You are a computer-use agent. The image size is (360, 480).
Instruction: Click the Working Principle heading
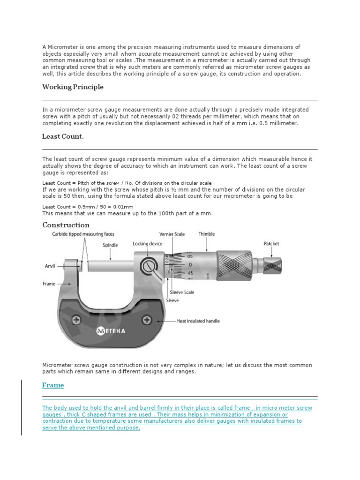[x=73, y=87]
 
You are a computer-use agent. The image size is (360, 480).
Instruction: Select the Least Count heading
[x=63, y=136]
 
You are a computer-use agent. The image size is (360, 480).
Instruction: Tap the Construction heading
[x=66, y=225]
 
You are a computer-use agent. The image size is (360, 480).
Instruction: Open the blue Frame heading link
[x=53, y=385]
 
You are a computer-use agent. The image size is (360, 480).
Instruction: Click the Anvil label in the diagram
[x=50, y=266]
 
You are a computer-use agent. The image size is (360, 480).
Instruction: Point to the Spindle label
[x=110, y=245]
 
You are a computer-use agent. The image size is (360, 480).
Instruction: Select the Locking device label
[x=147, y=244]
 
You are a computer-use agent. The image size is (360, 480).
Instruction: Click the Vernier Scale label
[x=172, y=233]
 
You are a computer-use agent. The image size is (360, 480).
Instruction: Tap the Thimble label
[x=207, y=233]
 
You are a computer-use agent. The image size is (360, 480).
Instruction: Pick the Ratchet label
[x=272, y=244]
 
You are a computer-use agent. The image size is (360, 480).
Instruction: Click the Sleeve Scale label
[x=182, y=292]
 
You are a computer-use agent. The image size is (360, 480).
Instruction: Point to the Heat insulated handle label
[x=198, y=321]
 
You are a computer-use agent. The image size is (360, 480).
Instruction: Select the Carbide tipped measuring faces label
[x=83, y=233]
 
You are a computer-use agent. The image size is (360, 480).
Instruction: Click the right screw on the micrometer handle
[x=148, y=320]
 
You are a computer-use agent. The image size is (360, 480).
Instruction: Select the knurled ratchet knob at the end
[x=271, y=265]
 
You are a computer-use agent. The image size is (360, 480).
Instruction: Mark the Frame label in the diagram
[x=49, y=284]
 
